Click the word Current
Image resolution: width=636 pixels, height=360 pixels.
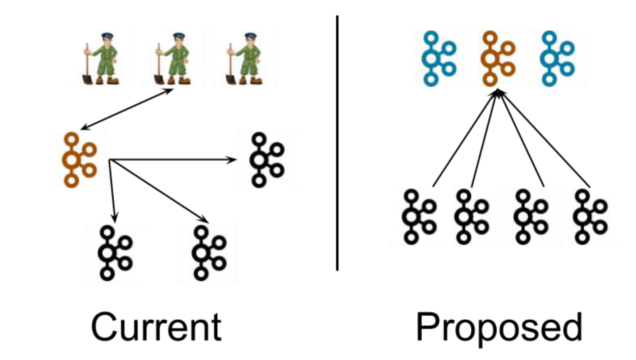click(x=156, y=327)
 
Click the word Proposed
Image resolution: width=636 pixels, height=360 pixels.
click(x=499, y=328)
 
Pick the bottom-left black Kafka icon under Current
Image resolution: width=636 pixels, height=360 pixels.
click(x=114, y=252)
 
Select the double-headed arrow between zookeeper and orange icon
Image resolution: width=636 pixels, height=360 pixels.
click(x=127, y=110)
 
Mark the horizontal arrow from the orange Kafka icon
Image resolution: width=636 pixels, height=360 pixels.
click(x=172, y=160)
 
